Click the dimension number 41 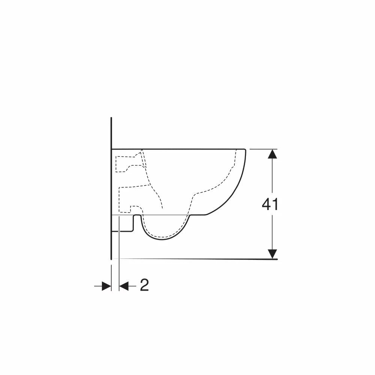click(270, 204)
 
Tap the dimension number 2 click(144, 285)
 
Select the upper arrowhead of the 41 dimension click(272, 154)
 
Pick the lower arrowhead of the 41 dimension click(272, 254)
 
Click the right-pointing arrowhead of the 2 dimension click(106, 286)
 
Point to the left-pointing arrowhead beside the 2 click(124, 286)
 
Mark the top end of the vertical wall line click(111, 117)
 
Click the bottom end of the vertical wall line click(111, 259)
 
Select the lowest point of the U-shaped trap click(162, 239)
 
